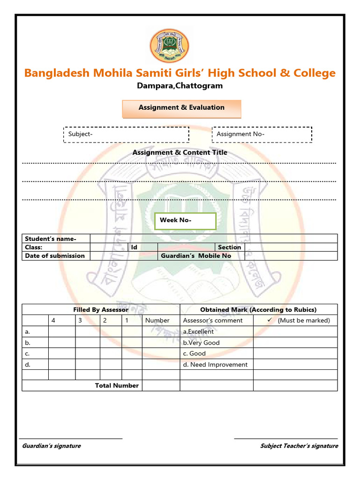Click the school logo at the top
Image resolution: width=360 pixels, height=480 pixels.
pyautogui.click(x=170, y=45)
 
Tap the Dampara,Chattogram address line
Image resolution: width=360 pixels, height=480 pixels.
pyautogui.click(x=180, y=86)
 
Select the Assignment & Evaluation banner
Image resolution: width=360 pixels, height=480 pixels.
pyautogui.click(x=181, y=108)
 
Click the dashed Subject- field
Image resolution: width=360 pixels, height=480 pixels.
pyautogui.click(x=126, y=135)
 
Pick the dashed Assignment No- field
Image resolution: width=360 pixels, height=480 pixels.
pyautogui.click(x=262, y=135)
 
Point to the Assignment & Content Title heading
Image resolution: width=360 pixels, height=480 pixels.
pyautogui.click(x=180, y=152)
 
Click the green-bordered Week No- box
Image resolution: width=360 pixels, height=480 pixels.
pyautogui.click(x=185, y=220)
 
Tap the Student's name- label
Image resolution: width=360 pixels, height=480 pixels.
pyautogui.click(x=51, y=239)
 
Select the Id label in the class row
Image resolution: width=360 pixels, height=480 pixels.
pyautogui.click(x=134, y=247)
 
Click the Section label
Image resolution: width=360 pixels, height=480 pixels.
pyautogui.click(x=230, y=247)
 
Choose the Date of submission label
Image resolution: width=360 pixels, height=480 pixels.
pyautogui.click(x=55, y=255)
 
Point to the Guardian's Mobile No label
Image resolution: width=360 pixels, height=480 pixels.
pyautogui.click(x=196, y=255)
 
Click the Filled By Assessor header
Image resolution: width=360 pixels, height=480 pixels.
pyautogui.click(x=101, y=309)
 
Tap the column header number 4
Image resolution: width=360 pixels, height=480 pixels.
pyautogui.click(x=53, y=321)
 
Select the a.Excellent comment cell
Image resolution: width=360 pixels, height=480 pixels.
pyautogui.click(x=198, y=331)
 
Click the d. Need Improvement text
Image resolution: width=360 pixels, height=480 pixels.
pyautogui.click(x=215, y=364)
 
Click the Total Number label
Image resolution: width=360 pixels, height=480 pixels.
pyautogui.click(x=117, y=385)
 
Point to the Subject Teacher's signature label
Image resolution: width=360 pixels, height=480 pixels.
pyautogui.click(x=299, y=446)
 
